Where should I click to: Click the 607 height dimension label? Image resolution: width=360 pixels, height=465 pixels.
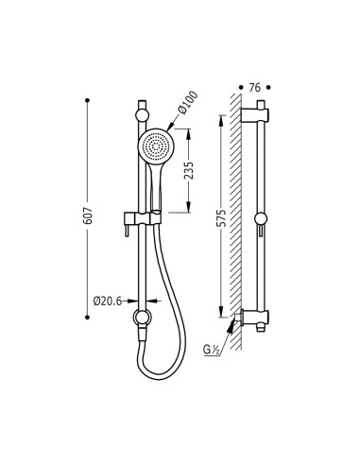coord(88,215)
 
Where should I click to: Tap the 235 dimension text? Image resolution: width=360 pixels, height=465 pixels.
coord(189,170)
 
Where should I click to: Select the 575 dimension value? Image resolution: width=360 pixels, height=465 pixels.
coord(222,217)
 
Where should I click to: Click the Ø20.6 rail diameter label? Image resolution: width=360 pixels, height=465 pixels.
coord(108,301)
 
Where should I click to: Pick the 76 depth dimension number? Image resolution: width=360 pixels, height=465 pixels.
coord(255,88)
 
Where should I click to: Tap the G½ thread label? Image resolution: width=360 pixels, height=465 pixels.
coord(212,350)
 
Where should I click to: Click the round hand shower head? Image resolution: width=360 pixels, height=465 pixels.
coord(156,146)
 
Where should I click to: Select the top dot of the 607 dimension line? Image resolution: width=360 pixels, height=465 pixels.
coord(88,100)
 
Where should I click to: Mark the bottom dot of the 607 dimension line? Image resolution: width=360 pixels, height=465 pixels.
coord(88,318)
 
